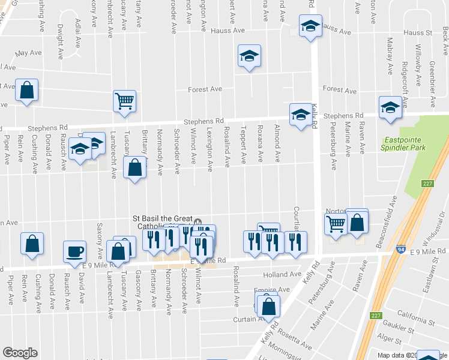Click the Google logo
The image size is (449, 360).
click(19, 353)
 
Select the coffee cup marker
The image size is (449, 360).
click(75, 251)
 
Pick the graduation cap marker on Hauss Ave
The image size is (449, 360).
click(310, 26)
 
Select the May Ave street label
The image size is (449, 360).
click(27, 53)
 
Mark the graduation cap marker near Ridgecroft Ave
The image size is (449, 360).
click(390, 108)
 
